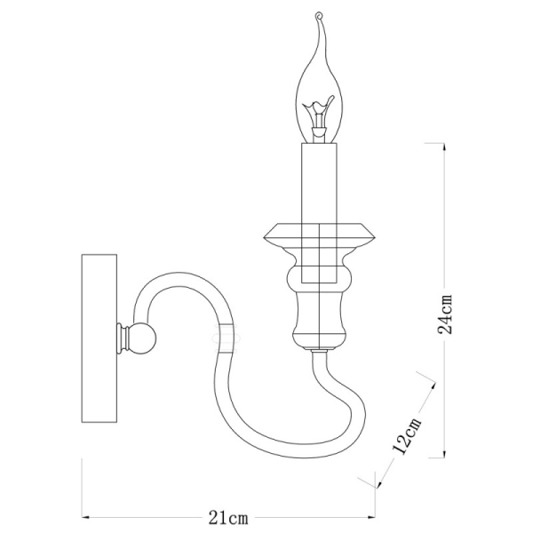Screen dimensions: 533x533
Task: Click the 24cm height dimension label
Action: point(449,314)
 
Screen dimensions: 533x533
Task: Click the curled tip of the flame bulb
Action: point(318,18)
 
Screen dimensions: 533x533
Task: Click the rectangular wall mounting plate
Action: point(99,338)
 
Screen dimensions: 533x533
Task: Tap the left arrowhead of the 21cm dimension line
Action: point(85,516)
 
